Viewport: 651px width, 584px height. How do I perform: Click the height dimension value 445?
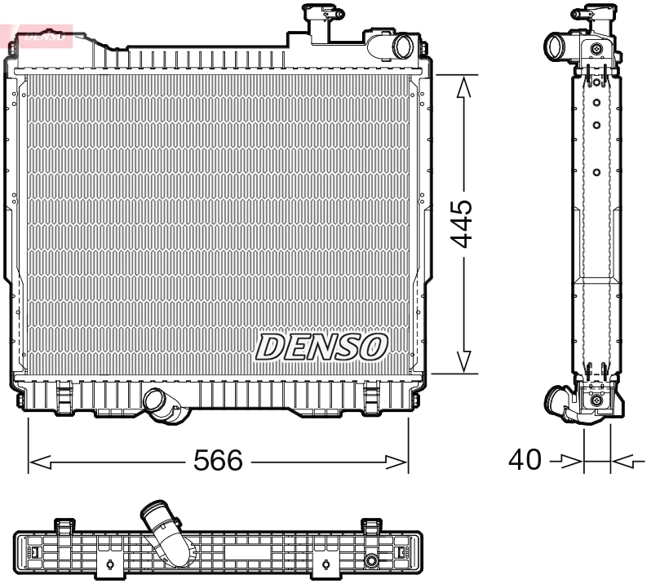[x=463, y=223]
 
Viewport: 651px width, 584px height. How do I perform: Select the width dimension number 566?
[x=218, y=461]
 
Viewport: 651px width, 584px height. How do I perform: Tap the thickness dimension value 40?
[x=525, y=460]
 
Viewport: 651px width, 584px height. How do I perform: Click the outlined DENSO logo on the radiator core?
[x=321, y=347]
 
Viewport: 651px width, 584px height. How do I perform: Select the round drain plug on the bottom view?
[x=372, y=561]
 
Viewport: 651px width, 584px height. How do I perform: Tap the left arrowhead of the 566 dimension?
[x=38, y=462]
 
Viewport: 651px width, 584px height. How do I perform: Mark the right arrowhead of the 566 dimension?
[x=399, y=462]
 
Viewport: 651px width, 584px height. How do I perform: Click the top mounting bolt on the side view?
[x=599, y=51]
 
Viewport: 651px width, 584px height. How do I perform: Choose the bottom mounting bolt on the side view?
[x=598, y=400]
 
